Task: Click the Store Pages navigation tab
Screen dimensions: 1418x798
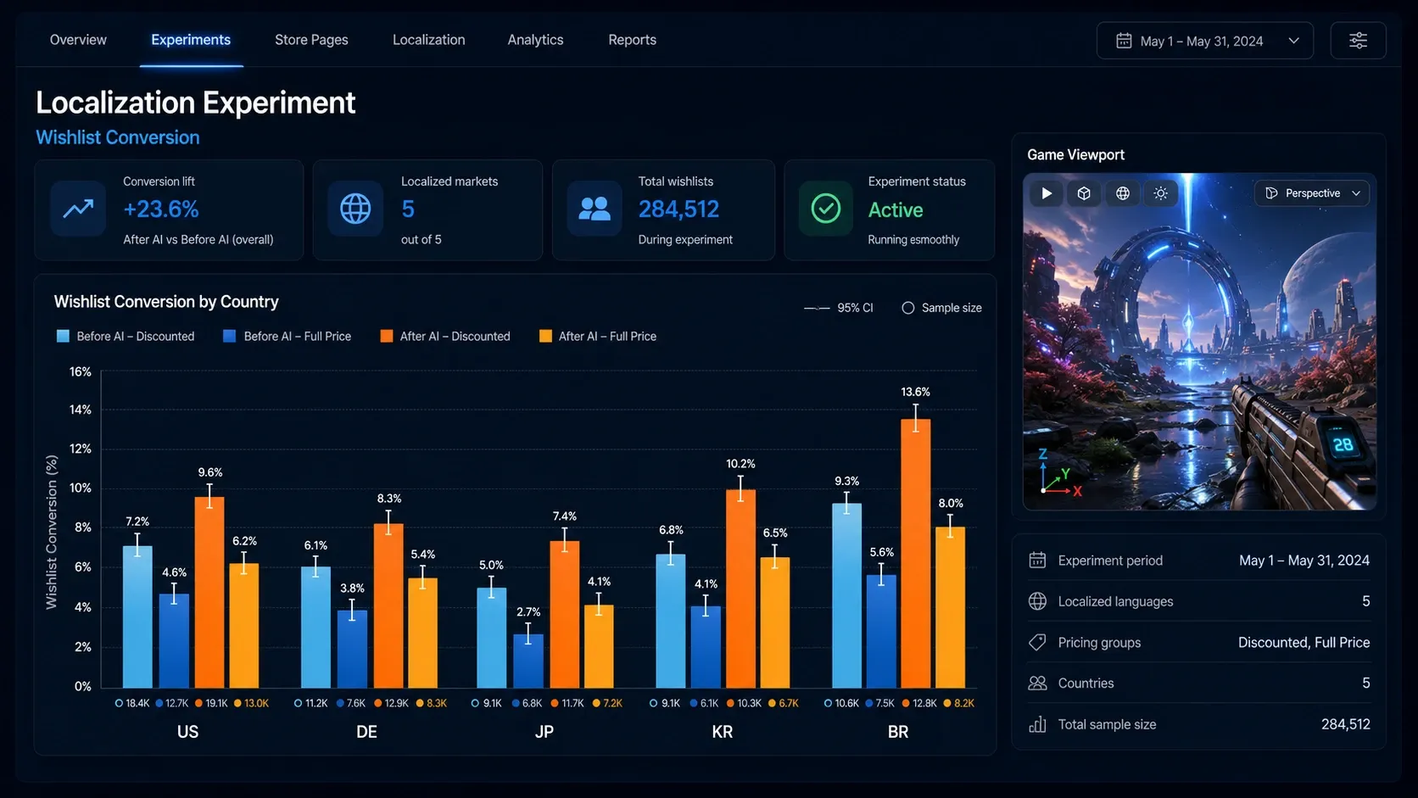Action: pyautogui.click(x=311, y=40)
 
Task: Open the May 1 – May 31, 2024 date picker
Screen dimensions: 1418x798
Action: pyautogui.click(x=1204, y=42)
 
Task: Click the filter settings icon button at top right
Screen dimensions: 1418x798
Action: pyautogui.click(x=1358, y=42)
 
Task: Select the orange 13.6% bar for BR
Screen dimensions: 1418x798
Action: pyautogui.click(x=915, y=553)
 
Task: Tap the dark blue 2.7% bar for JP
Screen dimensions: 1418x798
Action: pyautogui.click(x=528, y=661)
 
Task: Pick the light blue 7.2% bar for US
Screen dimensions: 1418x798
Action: pyautogui.click(x=137, y=617)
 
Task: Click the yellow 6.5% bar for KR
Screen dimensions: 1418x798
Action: pyautogui.click(x=775, y=622)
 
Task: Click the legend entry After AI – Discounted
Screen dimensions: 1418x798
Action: pyautogui.click(x=445, y=336)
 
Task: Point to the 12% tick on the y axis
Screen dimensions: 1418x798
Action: pyautogui.click(x=81, y=449)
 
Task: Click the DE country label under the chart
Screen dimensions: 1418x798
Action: pyautogui.click(x=366, y=732)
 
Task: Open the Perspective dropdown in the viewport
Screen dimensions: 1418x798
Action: pyautogui.click(x=1312, y=193)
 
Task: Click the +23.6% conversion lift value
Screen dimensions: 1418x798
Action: pyautogui.click(x=161, y=209)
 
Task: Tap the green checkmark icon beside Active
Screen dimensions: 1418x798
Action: pyautogui.click(x=826, y=209)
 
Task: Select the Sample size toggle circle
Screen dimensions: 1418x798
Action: pyautogui.click(x=907, y=308)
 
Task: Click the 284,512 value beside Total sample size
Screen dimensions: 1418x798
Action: pyautogui.click(x=1345, y=724)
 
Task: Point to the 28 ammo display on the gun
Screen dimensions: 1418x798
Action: pyautogui.click(x=1343, y=445)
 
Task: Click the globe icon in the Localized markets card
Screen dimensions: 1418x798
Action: pyautogui.click(x=355, y=209)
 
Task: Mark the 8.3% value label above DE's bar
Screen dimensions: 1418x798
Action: pyautogui.click(x=389, y=499)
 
